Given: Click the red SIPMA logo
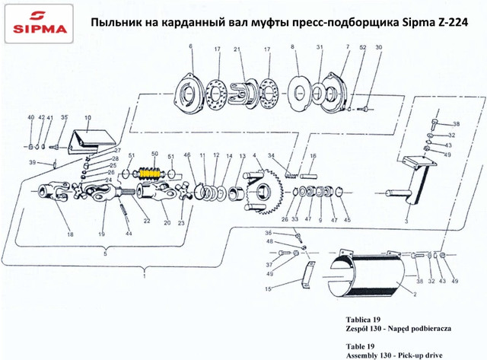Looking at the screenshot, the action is click(x=39, y=23).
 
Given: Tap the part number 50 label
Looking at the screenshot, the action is click(x=154, y=154).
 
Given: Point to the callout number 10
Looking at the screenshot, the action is click(x=88, y=118).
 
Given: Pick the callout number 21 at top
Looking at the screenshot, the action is click(x=237, y=49).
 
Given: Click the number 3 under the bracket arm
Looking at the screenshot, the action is click(x=406, y=221).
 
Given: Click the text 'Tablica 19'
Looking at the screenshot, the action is click(x=363, y=320).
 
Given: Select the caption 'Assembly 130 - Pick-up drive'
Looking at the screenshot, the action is click(x=394, y=355).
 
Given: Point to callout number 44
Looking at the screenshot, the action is click(x=129, y=234).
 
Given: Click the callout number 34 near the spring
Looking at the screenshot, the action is click(x=272, y=155).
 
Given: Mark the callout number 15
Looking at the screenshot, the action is click(x=268, y=289).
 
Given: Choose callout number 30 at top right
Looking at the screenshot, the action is click(x=379, y=47).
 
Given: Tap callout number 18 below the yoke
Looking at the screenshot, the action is click(x=71, y=234).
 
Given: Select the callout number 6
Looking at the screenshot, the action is click(x=190, y=46).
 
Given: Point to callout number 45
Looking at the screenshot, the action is click(x=347, y=220).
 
